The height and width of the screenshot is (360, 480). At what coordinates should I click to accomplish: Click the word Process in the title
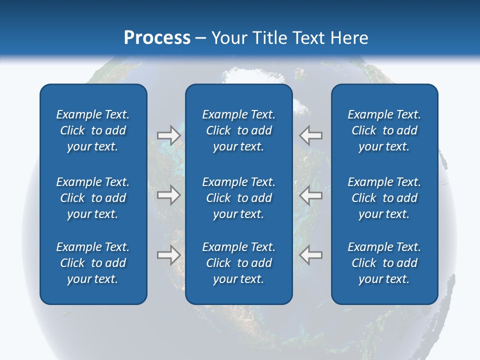click(x=157, y=38)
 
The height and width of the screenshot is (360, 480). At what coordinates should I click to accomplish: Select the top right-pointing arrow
click(x=168, y=135)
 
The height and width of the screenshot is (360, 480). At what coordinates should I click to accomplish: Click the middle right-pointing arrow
click(x=168, y=195)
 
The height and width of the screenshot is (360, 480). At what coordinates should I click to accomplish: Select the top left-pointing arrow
click(x=311, y=135)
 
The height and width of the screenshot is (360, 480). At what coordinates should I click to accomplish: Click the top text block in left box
click(x=93, y=130)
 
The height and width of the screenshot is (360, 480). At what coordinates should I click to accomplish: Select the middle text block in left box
click(x=93, y=198)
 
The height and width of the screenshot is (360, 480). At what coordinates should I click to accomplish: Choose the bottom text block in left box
click(x=93, y=263)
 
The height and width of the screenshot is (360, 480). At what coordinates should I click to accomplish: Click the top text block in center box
click(x=239, y=130)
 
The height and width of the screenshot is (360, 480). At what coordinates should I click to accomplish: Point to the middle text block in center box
click(x=239, y=198)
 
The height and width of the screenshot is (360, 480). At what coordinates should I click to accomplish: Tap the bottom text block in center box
click(x=239, y=263)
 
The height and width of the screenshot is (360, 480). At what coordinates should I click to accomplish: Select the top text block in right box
click(x=384, y=130)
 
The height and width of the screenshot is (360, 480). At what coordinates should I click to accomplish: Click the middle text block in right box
click(x=384, y=198)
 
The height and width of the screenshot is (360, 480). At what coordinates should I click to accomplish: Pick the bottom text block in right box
click(x=384, y=263)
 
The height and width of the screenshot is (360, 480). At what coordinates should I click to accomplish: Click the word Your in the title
click(x=228, y=38)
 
